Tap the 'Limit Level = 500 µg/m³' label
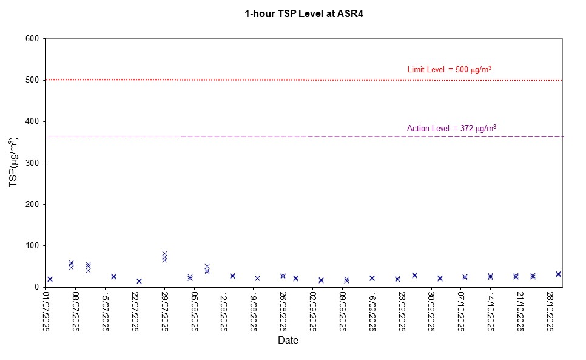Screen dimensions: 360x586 pos(449,70)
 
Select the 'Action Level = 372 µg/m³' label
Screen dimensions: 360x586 pos(451,128)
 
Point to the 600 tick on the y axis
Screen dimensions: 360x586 pos(32,39)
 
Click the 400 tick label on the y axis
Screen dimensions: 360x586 pos(32,121)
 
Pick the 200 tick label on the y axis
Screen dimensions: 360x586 pos(32,205)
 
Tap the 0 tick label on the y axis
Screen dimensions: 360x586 pos(36,287)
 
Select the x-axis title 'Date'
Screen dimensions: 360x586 pos(288,341)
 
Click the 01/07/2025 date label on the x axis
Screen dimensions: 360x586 pos(47,311)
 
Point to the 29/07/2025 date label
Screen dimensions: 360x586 pos(165,311)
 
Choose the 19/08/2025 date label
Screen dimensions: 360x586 pos(254,311)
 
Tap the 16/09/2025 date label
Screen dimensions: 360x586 pos(372,311)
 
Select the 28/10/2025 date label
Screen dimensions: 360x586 pos(551,311)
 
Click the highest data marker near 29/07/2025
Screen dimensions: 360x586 pos(164,254)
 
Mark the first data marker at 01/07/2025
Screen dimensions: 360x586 pos(50,279)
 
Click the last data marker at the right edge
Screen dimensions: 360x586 pos(558,274)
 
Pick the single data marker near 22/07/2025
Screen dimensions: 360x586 pos(139,281)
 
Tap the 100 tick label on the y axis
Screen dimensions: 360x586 pos(32,246)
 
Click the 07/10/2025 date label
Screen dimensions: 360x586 pos(462,311)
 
